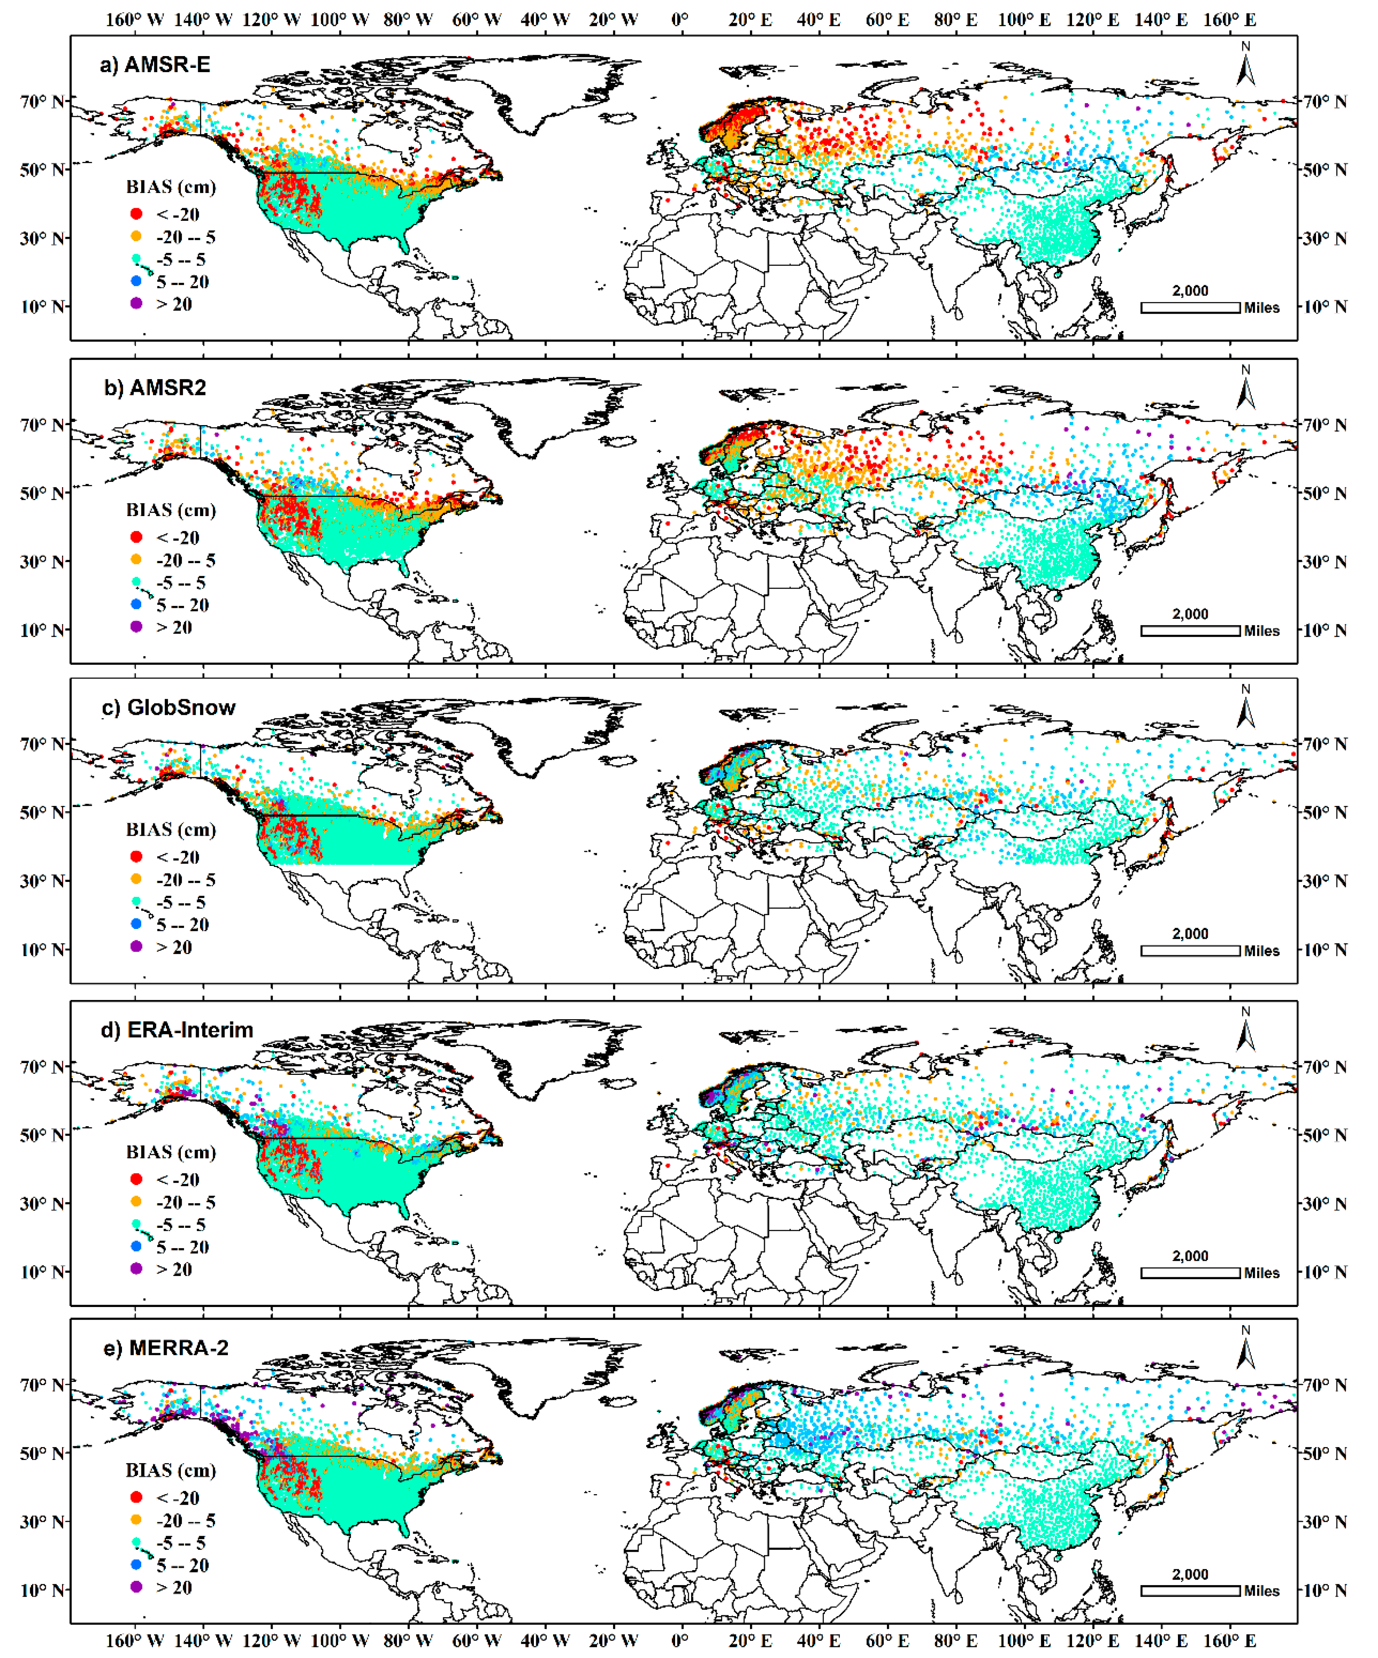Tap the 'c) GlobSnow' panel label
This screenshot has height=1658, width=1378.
point(168,707)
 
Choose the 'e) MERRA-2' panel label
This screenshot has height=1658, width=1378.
point(166,1348)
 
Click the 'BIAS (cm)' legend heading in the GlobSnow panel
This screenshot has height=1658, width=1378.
point(171,830)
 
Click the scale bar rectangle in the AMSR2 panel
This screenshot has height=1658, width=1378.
point(1190,631)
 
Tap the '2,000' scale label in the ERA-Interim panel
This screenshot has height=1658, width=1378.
point(1190,1256)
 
